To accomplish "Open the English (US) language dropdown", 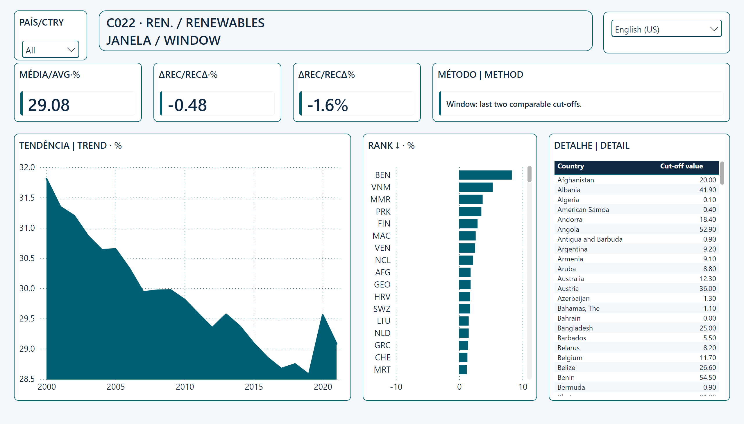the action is (x=666, y=29).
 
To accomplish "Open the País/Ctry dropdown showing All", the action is (x=50, y=50).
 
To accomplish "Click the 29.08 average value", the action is (x=49, y=105).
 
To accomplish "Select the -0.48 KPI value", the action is (x=187, y=105).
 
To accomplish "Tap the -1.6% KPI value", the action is (x=328, y=105).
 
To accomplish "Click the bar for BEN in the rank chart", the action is (x=485, y=175).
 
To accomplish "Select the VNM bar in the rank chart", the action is (x=476, y=187).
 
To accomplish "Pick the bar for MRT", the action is (x=463, y=369).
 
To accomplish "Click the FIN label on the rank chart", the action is (x=384, y=224).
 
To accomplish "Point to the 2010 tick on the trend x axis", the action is (x=185, y=387).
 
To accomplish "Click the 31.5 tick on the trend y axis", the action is (x=27, y=198).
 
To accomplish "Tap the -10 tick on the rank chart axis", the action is (x=396, y=387).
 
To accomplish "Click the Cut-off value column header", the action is (x=681, y=166).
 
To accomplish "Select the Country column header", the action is (x=570, y=166).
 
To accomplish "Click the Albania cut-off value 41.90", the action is (x=708, y=190).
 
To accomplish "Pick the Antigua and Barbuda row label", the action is (x=590, y=239).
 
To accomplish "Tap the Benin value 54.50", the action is (x=708, y=378).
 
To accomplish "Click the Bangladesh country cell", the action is (x=575, y=328).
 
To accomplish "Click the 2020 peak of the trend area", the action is (x=323, y=314).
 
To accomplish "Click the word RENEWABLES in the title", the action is (x=225, y=23).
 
